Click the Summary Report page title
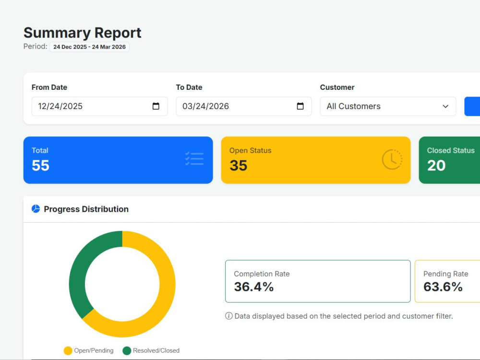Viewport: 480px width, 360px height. click(x=83, y=33)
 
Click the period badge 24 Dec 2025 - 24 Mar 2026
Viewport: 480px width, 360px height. click(x=89, y=47)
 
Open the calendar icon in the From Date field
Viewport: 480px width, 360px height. click(x=156, y=106)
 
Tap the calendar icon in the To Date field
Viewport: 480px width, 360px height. click(x=300, y=106)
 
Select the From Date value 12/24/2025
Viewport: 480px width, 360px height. click(x=60, y=106)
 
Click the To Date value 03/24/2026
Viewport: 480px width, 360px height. click(x=206, y=106)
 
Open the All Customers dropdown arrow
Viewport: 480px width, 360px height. click(x=445, y=106)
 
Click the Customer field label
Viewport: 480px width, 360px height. click(x=337, y=87)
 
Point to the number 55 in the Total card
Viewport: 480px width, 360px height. click(x=40, y=165)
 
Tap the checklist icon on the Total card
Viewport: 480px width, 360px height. click(x=194, y=159)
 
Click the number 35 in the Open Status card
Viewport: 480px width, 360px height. click(x=239, y=165)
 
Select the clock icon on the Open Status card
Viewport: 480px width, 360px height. click(x=392, y=159)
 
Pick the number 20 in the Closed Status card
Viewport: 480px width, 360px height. click(x=436, y=165)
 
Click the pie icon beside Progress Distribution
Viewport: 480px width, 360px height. click(x=36, y=209)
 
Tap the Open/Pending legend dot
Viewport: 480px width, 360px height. click(x=68, y=350)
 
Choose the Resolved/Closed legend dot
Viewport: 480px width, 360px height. click(x=127, y=350)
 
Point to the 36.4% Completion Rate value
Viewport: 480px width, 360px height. click(x=254, y=287)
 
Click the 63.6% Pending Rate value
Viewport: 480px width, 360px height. click(x=443, y=287)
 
